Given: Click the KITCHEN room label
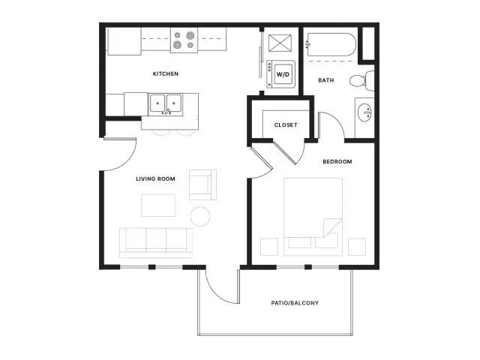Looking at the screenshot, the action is point(165,73).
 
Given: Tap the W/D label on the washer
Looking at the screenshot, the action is point(283,74).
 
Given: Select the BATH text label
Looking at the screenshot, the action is point(326,80).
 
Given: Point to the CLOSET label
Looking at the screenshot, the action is point(286,125).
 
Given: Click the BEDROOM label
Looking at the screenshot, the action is point(337,162).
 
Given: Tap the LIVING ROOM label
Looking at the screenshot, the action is point(155,178).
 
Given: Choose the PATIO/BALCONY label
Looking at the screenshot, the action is point(295,303).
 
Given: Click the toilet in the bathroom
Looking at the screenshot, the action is point(361,81).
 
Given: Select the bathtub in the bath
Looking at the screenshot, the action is point(331,45).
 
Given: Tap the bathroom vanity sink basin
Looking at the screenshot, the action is point(364,112).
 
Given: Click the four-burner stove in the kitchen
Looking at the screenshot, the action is point(184,40).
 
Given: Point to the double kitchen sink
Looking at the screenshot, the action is point(165,103).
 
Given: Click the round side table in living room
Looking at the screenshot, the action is point(200,217).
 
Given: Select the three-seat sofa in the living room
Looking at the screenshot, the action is point(156,243).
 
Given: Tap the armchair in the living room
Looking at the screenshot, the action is point(202,185).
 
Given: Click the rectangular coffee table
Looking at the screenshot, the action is point(158,205).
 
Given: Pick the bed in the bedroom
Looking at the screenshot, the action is point(313,217).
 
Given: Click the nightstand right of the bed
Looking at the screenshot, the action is point(357,247).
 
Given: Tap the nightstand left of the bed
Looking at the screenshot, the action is point(269,247).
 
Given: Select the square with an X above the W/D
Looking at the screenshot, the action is point(280,43).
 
